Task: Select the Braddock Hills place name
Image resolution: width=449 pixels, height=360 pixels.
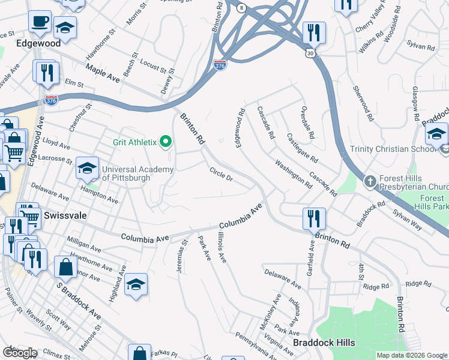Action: pos(324,343)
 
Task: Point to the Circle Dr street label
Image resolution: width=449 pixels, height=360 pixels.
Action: pos(221,175)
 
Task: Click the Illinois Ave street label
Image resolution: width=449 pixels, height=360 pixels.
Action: pos(222,247)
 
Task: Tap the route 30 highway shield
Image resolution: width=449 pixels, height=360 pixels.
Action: pos(309,53)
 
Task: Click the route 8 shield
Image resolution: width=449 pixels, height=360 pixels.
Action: pos(241,8)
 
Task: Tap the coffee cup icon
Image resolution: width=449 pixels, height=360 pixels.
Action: pos(40,21)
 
